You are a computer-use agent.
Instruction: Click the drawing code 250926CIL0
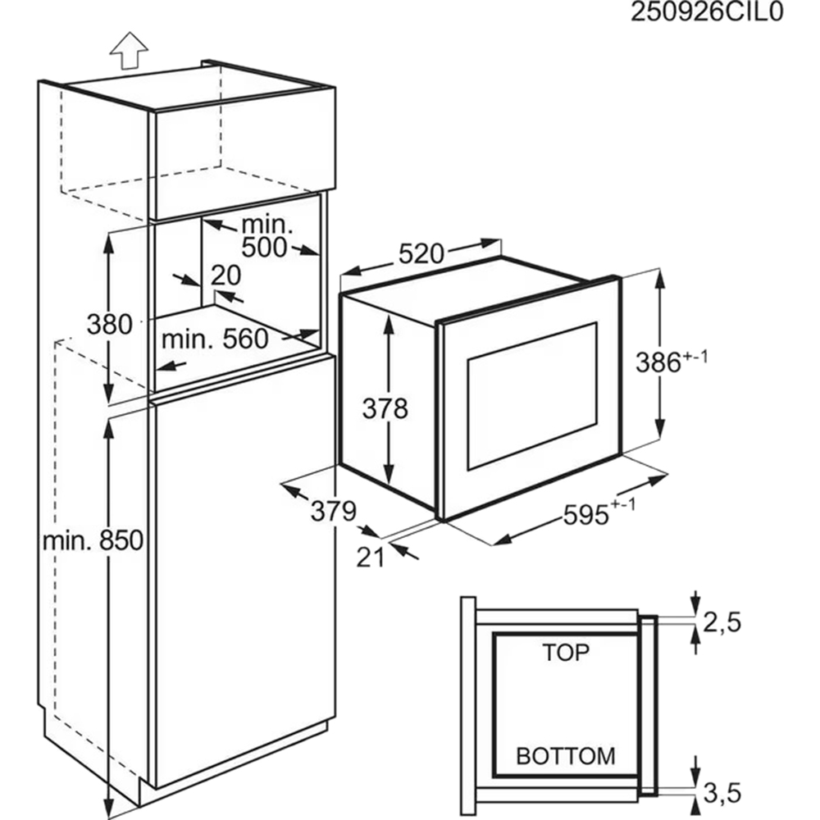pyautogui.click(x=707, y=11)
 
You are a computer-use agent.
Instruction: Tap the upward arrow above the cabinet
pyautogui.click(x=129, y=50)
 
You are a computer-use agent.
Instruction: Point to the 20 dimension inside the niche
pyautogui.click(x=226, y=276)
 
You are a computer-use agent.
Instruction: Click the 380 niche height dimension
pyautogui.click(x=109, y=324)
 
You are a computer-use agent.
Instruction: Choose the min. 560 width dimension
pyautogui.click(x=215, y=339)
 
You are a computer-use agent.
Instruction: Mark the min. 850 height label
pyautogui.click(x=93, y=540)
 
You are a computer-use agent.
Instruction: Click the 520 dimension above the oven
pyautogui.click(x=421, y=254)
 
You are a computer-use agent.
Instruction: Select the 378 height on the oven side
pyautogui.click(x=385, y=408)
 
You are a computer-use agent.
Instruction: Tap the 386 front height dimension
pyautogui.click(x=672, y=362)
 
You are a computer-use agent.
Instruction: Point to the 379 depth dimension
pyautogui.click(x=334, y=511)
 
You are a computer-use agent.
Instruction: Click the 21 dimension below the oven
pyautogui.click(x=371, y=558)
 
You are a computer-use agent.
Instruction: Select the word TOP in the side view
pyautogui.click(x=566, y=652)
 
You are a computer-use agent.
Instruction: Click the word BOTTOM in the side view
pyautogui.click(x=566, y=756)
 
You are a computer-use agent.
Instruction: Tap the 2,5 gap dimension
pyautogui.click(x=722, y=622)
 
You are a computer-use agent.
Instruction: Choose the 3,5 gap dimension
pyautogui.click(x=722, y=793)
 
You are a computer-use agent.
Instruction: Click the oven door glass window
pyautogui.click(x=532, y=396)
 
